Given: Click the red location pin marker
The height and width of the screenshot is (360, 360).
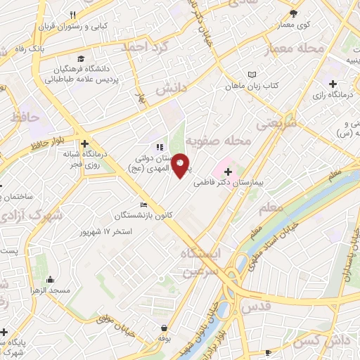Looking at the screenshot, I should (x=180, y=165).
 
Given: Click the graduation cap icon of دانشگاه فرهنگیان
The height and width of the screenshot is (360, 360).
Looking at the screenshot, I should (x=82, y=58).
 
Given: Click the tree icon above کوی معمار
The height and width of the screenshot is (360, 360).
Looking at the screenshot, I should (x=293, y=13).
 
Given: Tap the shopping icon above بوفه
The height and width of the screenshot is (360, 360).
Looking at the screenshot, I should (x=164, y=327).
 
